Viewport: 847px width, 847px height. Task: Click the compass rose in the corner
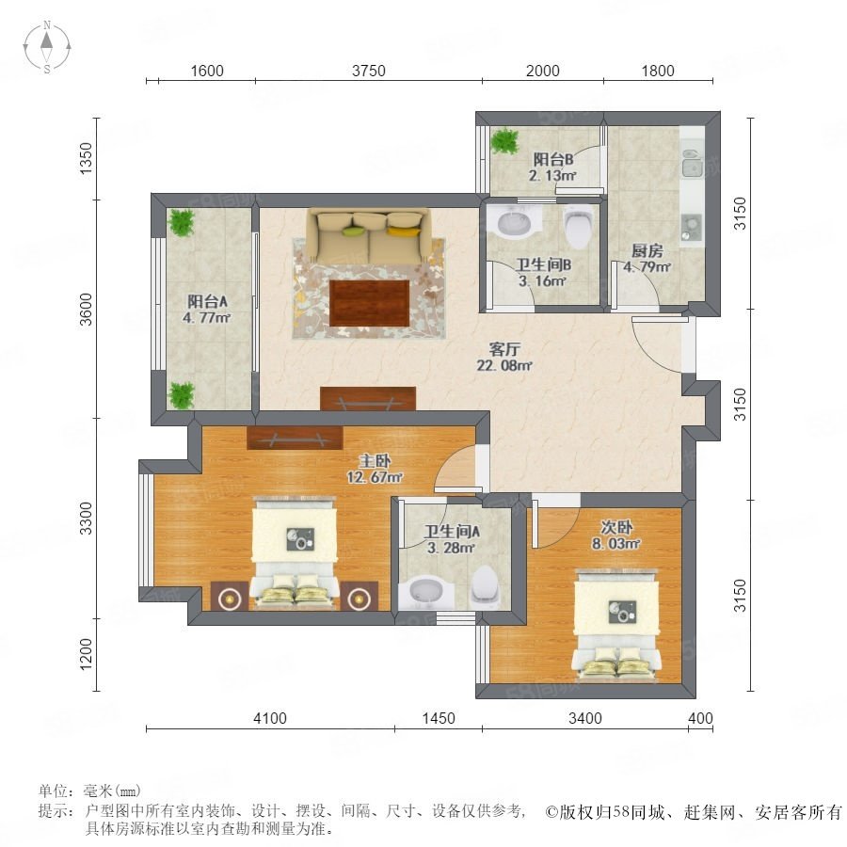pos(47,47)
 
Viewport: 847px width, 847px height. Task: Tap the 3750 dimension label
pos(368,71)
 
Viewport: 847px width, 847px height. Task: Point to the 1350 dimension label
pos(87,158)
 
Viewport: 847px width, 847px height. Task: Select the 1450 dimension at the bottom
pos(438,718)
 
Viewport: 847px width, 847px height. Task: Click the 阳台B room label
pos(553,159)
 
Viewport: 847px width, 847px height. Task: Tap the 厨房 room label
pos(647,250)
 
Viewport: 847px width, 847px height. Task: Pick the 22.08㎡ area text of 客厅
pos(504,365)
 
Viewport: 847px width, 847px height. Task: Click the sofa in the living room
pos(370,236)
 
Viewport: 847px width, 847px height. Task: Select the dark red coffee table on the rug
pos(370,302)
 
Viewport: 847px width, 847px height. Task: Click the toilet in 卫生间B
pos(578,227)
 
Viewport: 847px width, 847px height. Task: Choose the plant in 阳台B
pos(504,140)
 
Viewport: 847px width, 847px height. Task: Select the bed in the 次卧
pos(616,623)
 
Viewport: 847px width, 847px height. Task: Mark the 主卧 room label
pos(375,461)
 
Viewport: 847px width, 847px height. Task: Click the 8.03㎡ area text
pos(615,543)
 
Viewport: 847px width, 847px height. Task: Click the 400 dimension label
pos(700,718)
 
